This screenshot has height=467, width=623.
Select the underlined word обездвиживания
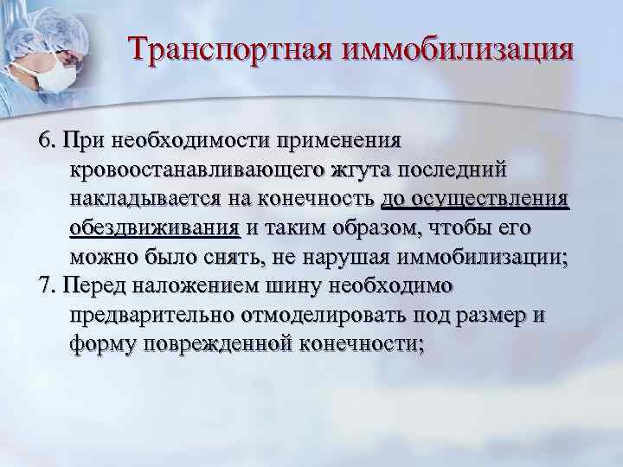pos(154,228)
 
